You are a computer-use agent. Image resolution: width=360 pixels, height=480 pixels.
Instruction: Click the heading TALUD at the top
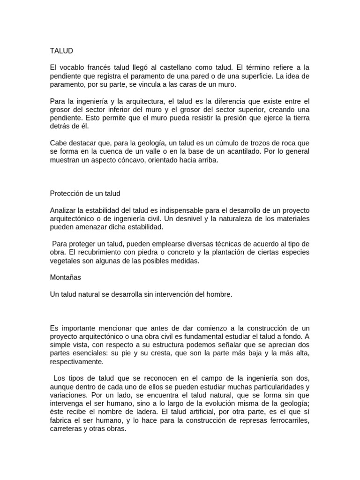pos(61,50)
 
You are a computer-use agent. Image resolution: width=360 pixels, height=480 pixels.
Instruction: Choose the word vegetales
pos(65,261)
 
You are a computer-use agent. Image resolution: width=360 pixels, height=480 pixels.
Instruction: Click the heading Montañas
pos(66,277)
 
